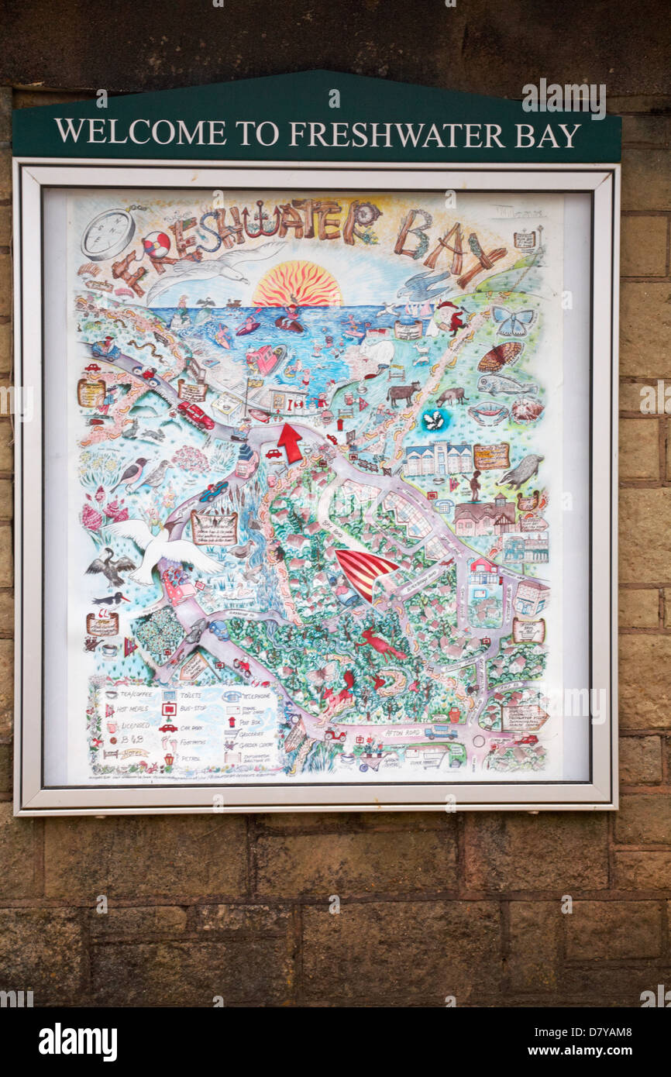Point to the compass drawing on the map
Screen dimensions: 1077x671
pos(108,234)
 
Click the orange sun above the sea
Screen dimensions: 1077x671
pos(298,284)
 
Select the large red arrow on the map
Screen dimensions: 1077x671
pos(290,442)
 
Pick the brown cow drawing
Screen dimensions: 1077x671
pos(403,393)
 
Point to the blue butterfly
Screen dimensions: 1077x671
pos(512,319)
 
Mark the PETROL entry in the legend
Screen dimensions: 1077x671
pos(191,758)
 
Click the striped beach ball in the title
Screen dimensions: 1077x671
pos(156,245)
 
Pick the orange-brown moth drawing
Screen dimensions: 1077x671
pos(500,356)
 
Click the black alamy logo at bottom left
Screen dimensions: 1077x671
pos(77,1042)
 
